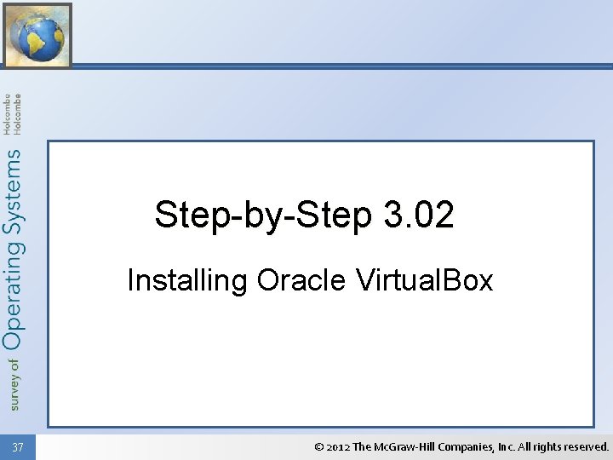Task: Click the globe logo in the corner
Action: [x=37, y=35]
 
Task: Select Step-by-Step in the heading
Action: [x=263, y=215]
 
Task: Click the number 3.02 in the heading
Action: [x=419, y=215]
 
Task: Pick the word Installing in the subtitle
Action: [x=187, y=279]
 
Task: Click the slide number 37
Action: [x=19, y=447]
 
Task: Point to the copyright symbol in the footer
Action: [x=319, y=446]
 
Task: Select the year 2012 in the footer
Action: [x=338, y=446]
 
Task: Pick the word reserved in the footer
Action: [x=590, y=446]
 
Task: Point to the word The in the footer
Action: [x=362, y=446]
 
